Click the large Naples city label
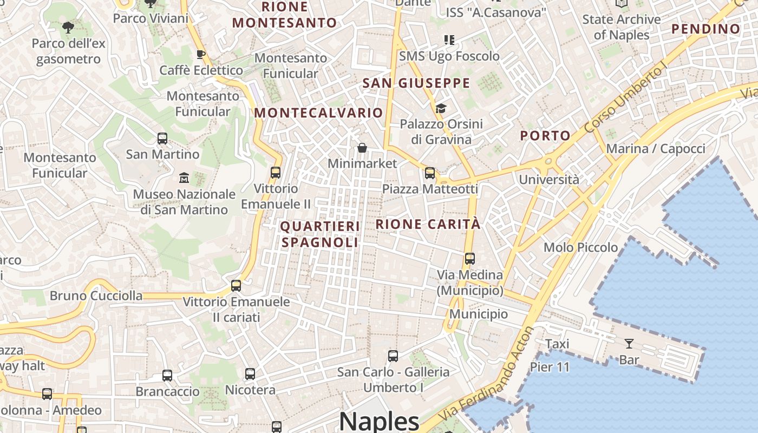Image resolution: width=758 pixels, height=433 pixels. click(379, 421)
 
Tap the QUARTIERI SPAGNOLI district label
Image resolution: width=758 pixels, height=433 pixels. click(319, 234)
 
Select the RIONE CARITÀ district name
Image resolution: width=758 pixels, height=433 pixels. click(428, 224)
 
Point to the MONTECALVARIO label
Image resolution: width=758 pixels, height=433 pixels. click(318, 113)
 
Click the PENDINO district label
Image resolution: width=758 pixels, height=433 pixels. click(705, 29)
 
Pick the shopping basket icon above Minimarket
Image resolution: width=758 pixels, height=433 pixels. click(362, 148)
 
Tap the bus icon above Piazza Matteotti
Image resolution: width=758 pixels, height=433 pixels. click(430, 173)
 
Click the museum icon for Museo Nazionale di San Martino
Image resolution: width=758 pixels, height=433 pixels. click(184, 178)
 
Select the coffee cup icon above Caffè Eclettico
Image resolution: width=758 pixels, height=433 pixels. click(200, 54)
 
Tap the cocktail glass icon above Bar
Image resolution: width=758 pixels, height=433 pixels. click(629, 344)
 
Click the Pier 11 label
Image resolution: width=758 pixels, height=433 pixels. click(550, 367)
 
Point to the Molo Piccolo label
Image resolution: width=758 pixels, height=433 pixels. click(580, 247)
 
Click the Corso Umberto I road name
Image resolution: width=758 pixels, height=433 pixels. click(626, 98)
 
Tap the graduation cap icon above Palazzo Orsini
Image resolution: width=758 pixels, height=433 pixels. click(441, 109)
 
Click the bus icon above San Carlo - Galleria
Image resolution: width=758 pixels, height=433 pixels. click(393, 356)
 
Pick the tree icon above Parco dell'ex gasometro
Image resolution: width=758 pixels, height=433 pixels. click(68, 27)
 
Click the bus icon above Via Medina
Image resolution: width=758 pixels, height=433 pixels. click(470, 259)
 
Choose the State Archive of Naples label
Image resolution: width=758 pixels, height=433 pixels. click(622, 27)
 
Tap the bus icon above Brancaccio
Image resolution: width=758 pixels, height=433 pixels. click(167, 376)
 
